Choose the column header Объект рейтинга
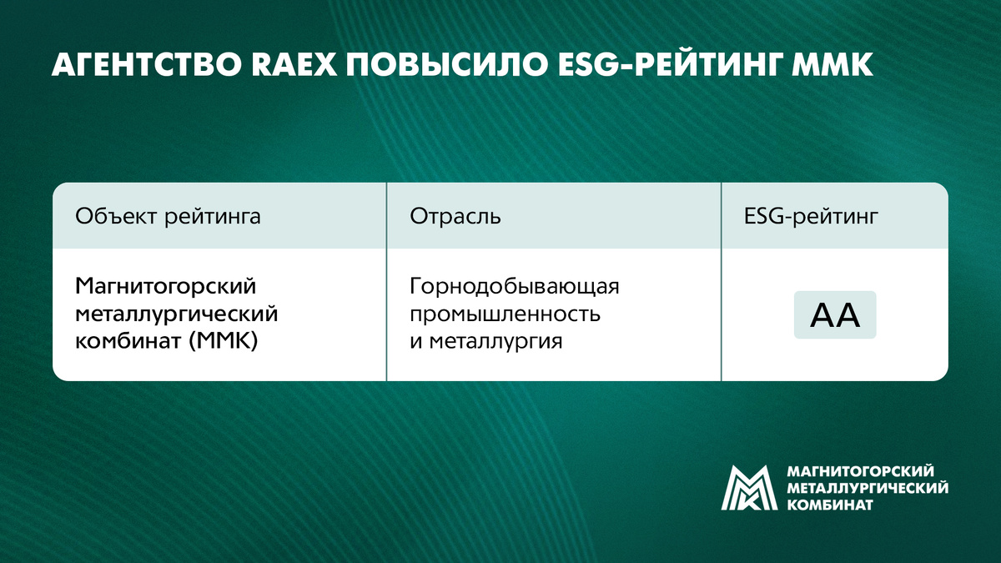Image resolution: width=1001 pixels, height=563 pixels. click(168, 217)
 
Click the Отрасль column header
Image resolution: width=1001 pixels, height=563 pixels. click(455, 217)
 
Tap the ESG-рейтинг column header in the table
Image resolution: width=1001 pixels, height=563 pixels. click(810, 217)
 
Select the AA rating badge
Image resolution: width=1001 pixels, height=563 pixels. click(834, 315)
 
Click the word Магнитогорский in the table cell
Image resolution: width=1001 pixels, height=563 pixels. click(164, 287)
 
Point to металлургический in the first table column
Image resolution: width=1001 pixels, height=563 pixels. click(176, 314)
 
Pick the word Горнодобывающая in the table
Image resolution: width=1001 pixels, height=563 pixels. click(515, 287)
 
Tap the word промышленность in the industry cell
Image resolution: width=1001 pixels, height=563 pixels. click(505, 314)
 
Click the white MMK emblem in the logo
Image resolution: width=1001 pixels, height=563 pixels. click(749, 487)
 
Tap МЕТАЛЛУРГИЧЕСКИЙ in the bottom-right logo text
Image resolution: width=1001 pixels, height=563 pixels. click(868, 488)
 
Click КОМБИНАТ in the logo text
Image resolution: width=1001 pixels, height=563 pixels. click(830, 505)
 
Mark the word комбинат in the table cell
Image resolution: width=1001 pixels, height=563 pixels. click(118, 341)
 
